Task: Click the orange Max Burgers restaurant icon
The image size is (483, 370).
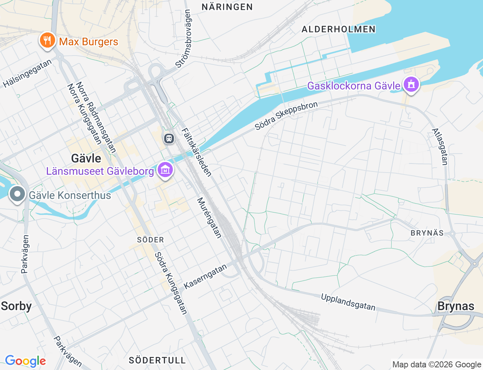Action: point(47,40)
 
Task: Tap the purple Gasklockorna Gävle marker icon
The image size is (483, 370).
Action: point(411,85)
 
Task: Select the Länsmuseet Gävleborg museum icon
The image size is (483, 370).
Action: point(165,170)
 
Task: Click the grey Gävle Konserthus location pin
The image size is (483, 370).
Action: point(17,194)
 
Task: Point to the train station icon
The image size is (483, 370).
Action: point(169,138)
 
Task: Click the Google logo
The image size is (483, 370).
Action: point(25,361)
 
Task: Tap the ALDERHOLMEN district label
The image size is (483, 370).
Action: point(338,29)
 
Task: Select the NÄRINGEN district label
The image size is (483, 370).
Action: point(227,7)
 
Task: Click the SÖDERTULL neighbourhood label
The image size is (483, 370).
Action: point(157,360)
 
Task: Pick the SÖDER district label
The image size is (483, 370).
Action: point(151,240)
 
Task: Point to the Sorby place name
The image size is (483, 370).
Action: point(16,306)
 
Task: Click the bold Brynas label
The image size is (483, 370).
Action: point(455,306)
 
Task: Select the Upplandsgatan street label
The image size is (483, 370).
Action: point(348,302)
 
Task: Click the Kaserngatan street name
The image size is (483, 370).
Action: point(205,276)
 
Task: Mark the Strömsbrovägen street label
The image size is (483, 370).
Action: point(183,39)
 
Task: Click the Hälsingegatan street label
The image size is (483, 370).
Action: point(27,74)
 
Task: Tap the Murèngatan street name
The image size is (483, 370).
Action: point(209,218)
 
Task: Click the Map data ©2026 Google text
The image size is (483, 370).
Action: point(437,364)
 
